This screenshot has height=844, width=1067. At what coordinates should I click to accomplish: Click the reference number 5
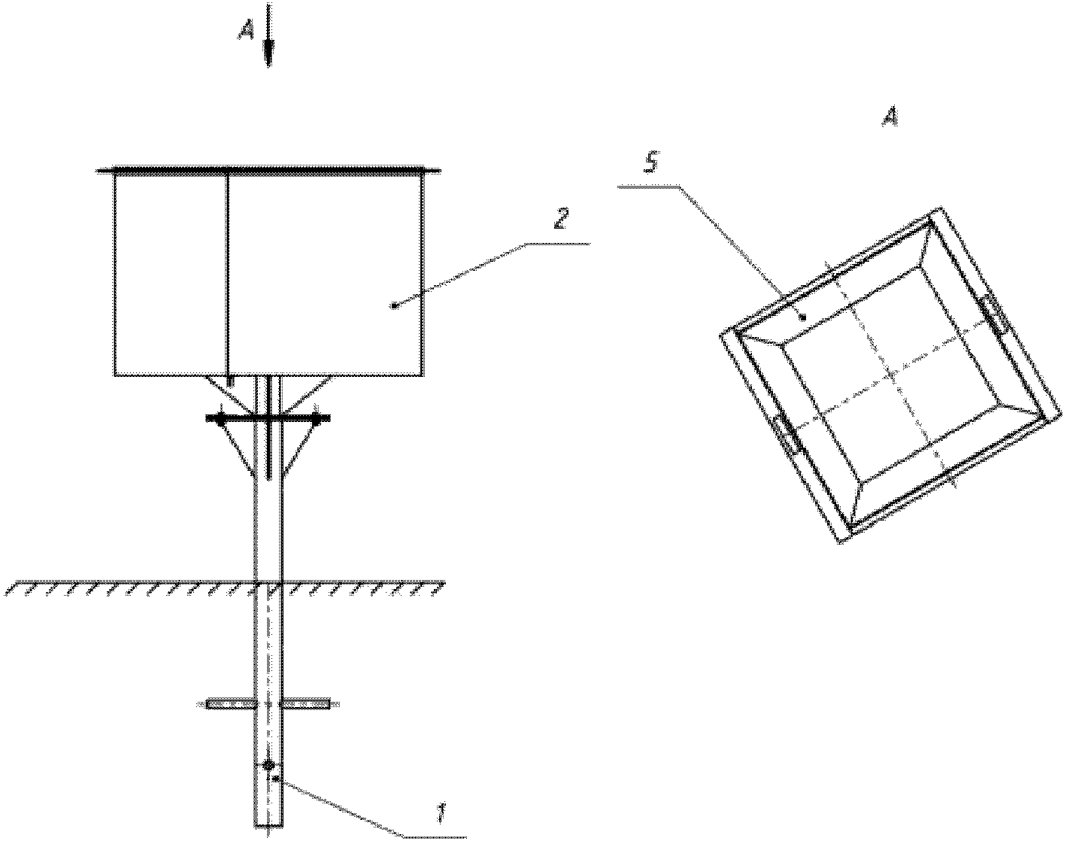(x=652, y=163)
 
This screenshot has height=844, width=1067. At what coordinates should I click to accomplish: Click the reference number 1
(x=440, y=814)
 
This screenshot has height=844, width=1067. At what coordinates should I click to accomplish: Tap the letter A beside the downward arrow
(x=247, y=32)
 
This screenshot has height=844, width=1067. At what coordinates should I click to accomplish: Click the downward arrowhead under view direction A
(x=268, y=53)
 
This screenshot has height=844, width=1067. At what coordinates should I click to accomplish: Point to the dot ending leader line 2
(x=395, y=305)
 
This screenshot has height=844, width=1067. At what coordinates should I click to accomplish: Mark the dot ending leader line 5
(x=804, y=316)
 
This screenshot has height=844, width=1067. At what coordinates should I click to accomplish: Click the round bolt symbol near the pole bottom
(x=268, y=764)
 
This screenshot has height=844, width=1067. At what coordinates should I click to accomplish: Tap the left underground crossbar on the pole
(x=231, y=703)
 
